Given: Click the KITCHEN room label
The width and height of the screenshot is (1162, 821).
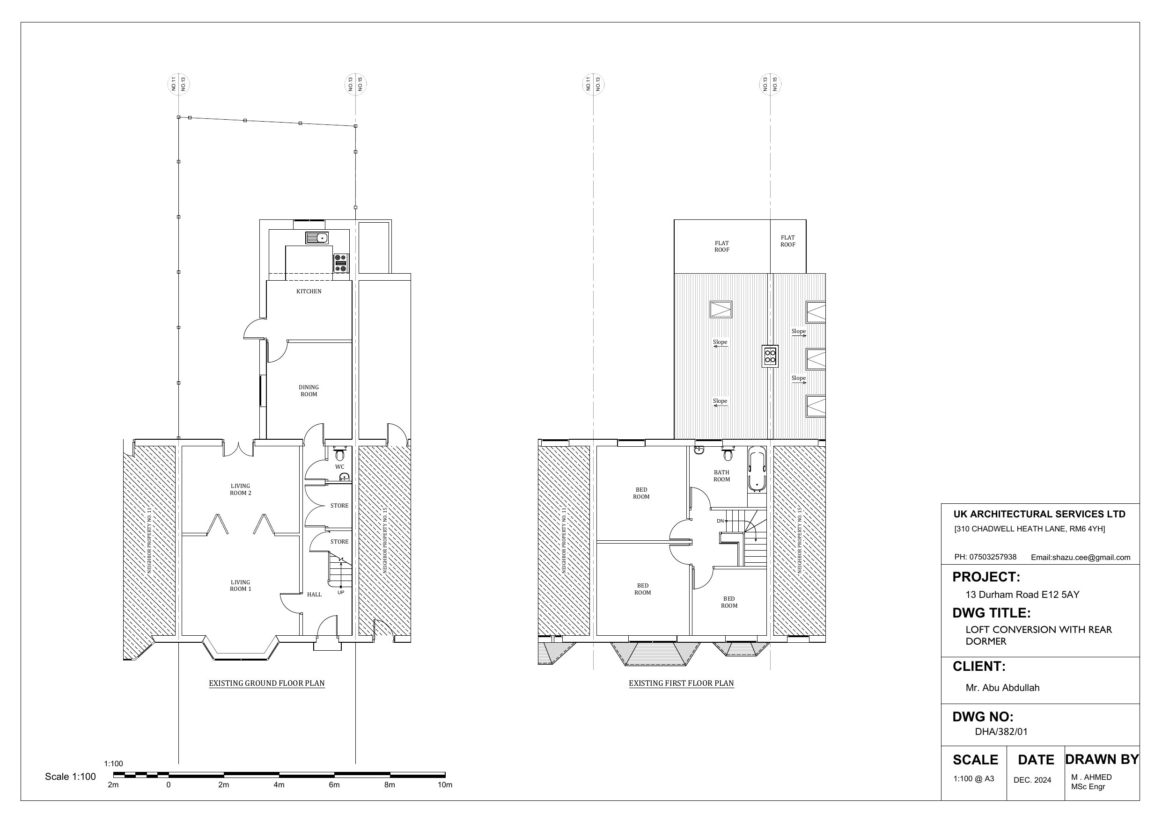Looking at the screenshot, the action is [309, 291].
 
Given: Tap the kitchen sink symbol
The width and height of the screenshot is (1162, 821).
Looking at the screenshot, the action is [317, 238].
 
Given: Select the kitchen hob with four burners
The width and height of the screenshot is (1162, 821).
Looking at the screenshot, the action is [341, 263].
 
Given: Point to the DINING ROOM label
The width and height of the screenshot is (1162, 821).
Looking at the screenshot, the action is [309, 391].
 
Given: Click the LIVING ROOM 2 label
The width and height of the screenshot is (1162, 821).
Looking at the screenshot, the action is [240, 490].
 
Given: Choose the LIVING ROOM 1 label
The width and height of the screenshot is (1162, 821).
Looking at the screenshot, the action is [240, 586].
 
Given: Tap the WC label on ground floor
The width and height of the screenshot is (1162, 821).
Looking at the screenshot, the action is [339, 467].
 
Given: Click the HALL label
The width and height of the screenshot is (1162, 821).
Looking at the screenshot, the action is [314, 595].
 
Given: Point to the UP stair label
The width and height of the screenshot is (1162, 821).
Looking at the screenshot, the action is [341, 592].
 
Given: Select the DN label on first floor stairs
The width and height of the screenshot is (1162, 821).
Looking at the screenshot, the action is [720, 521].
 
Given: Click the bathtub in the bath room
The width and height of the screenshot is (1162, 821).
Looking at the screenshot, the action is [757, 471].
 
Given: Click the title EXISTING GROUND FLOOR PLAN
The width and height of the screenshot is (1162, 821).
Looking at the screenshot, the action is [267, 683].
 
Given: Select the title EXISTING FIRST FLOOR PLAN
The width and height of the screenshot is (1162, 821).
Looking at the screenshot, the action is [681, 683].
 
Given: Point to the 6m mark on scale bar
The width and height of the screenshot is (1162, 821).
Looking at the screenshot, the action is [334, 785].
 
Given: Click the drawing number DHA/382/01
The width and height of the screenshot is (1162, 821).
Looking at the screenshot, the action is [1001, 732].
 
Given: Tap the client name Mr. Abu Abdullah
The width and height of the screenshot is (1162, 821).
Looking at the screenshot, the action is [1002, 688].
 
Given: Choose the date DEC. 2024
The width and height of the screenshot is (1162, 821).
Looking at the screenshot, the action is [1032, 780].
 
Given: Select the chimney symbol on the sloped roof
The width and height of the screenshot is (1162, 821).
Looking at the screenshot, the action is [770, 356].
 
